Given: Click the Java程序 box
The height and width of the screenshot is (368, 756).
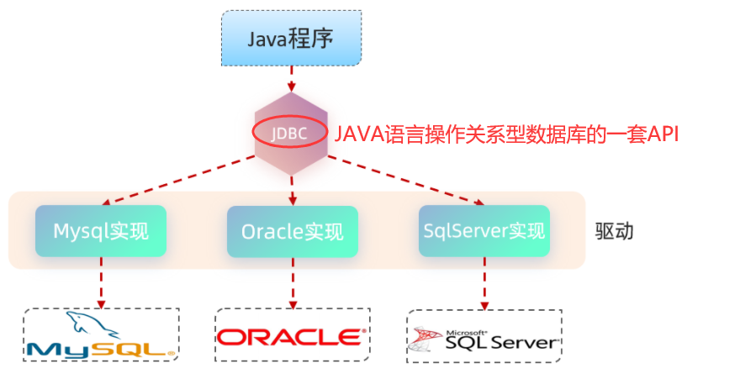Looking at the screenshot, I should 292,39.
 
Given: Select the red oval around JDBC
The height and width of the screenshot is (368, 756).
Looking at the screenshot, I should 290,134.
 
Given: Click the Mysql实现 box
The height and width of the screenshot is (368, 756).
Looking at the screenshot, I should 100,230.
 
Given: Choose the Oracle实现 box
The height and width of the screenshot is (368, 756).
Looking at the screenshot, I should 292,231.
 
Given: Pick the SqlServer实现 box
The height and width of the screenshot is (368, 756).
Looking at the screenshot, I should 484,230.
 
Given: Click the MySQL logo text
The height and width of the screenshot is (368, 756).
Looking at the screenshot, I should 93,348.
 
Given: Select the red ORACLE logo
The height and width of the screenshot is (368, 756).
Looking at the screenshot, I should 291,337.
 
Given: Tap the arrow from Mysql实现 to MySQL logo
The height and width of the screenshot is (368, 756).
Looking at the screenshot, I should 101,282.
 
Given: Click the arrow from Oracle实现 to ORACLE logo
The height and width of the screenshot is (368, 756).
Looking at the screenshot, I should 292,282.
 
